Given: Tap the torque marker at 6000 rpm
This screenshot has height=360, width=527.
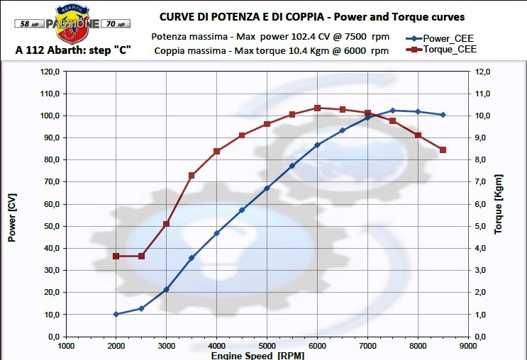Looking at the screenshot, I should pyautogui.click(x=317, y=108).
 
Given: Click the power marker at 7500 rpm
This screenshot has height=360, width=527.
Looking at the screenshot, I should pyautogui.click(x=393, y=111).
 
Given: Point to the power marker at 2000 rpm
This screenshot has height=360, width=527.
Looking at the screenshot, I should pyautogui.click(x=116, y=314).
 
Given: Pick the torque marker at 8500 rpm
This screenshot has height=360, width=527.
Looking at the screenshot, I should pyautogui.click(x=443, y=150).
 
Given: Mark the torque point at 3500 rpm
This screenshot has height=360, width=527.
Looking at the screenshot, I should pyautogui.click(x=192, y=175).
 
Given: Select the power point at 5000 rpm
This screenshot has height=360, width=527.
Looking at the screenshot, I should pyautogui.click(x=267, y=189).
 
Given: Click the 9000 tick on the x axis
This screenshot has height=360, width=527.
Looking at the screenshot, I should pyautogui.click(x=468, y=347).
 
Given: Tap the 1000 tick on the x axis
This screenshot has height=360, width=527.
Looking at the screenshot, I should pyautogui.click(x=66, y=347).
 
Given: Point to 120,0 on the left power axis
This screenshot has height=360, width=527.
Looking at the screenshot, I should pyautogui.click(x=50, y=72).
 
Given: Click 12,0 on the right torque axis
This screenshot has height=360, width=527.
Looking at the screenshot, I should pyautogui.click(x=482, y=72).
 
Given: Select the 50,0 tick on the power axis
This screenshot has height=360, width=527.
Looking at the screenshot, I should pyautogui.click(x=50, y=226).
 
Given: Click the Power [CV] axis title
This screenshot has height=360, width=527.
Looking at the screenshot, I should pyautogui.click(x=12, y=219).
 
